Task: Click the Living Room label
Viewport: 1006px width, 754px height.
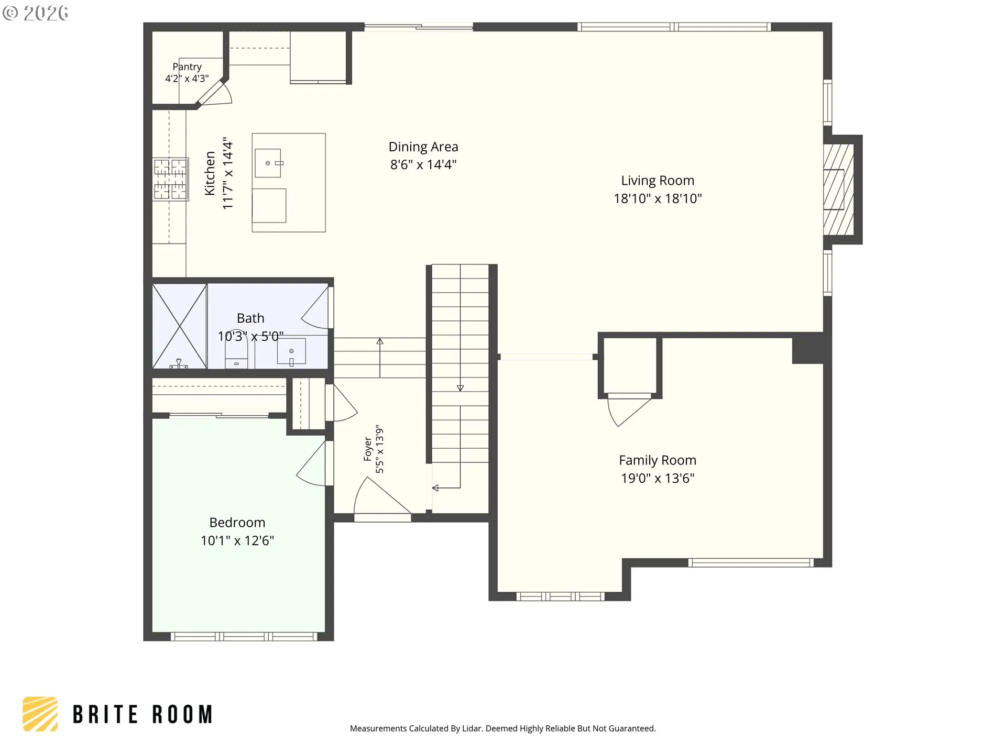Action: click(x=658, y=181)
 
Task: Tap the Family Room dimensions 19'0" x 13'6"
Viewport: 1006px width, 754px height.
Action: click(x=658, y=478)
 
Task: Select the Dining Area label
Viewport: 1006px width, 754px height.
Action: click(x=423, y=147)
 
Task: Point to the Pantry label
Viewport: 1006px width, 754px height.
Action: click(x=187, y=67)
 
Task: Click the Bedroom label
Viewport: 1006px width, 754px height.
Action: click(x=237, y=523)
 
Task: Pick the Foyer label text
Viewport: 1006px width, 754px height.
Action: click(x=368, y=449)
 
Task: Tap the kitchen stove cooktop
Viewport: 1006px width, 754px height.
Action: click(x=170, y=179)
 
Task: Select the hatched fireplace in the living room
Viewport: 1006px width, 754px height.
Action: click(x=839, y=190)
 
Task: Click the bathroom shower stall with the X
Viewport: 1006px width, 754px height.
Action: click(x=179, y=326)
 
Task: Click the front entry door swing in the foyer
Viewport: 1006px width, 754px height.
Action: click(x=381, y=496)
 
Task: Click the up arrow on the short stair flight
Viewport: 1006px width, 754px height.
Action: click(x=380, y=358)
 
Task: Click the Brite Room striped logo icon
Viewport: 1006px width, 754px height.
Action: click(x=40, y=714)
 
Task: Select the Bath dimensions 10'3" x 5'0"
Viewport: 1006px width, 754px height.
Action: click(x=250, y=336)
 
